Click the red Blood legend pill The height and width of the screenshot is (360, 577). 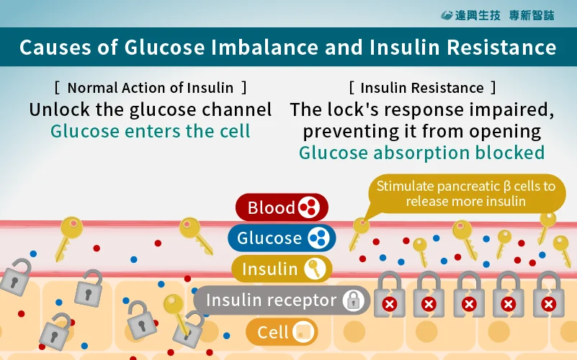point(281,208)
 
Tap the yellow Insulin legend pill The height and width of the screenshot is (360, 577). point(281,269)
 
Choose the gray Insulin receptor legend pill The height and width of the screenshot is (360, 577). point(282,300)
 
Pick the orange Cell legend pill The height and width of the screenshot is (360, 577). point(282,332)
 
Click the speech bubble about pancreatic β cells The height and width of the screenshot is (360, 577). point(465,193)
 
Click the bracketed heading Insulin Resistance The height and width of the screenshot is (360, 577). point(422,88)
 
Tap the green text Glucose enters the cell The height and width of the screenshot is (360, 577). point(150,131)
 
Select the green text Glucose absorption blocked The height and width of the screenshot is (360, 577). point(421,153)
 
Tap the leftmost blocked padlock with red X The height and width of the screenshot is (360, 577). point(390,295)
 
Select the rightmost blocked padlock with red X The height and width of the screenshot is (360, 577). point(548,295)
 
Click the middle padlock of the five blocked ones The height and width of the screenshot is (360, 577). point(469,295)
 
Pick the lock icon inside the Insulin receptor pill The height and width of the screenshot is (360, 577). point(353,300)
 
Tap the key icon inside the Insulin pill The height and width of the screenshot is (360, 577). point(314,269)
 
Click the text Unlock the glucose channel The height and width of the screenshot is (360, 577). point(150,110)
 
